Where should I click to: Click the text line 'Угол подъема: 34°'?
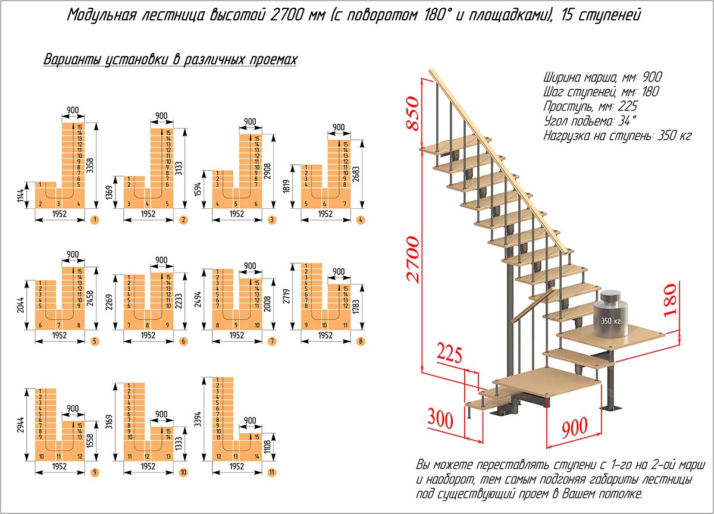tap(589, 121)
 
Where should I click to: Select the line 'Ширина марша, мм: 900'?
tap(602, 78)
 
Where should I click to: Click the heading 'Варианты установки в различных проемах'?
tap(170, 60)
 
